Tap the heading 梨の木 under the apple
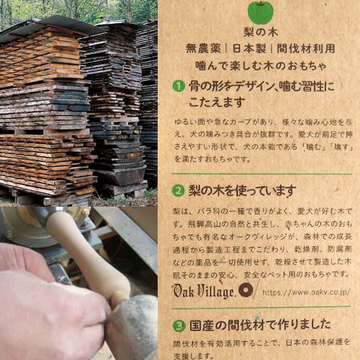tap(261, 32)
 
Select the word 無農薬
tap(203, 48)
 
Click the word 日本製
tap(249, 48)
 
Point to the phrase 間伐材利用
tap(306, 48)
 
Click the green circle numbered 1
tap(179, 86)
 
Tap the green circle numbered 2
tap(179, 191)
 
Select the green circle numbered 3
tap(179, 326)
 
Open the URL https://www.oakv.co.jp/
tap(307, 292)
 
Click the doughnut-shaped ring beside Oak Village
tap(246, 289)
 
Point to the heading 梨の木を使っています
tap(243, 191)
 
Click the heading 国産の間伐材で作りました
tap(261, 325)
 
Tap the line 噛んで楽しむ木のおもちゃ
tap(261, 66)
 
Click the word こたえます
tap(217, 102)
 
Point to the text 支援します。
tap(194, 356)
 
